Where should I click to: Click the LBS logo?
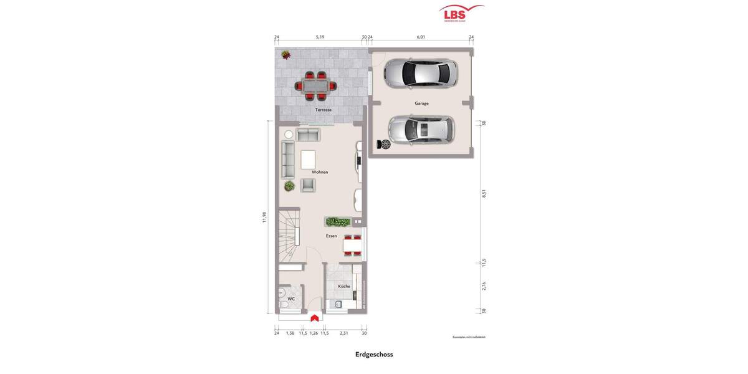[461, 13]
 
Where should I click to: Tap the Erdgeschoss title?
[374, 354]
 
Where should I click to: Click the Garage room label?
[421, 103]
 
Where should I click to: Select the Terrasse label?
[323, 110]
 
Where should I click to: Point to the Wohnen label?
[320, 172]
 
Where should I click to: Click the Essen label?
[331, 236]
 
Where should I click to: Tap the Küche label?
[344, 287]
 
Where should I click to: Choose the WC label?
[290, 299]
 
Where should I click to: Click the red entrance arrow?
[315, 318]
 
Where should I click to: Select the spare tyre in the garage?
[385, 145]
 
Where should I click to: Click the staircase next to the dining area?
[289, 236]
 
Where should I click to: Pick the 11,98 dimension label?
[264, 217]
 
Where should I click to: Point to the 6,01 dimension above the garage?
[421, 37]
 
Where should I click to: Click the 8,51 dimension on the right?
[484, 194]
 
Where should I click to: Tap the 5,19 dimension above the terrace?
[320, 37]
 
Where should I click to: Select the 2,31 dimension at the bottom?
[344, 333]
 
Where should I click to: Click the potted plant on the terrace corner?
[285, 55]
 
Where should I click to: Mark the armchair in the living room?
[308, 185]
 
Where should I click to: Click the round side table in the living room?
[289, 135]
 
